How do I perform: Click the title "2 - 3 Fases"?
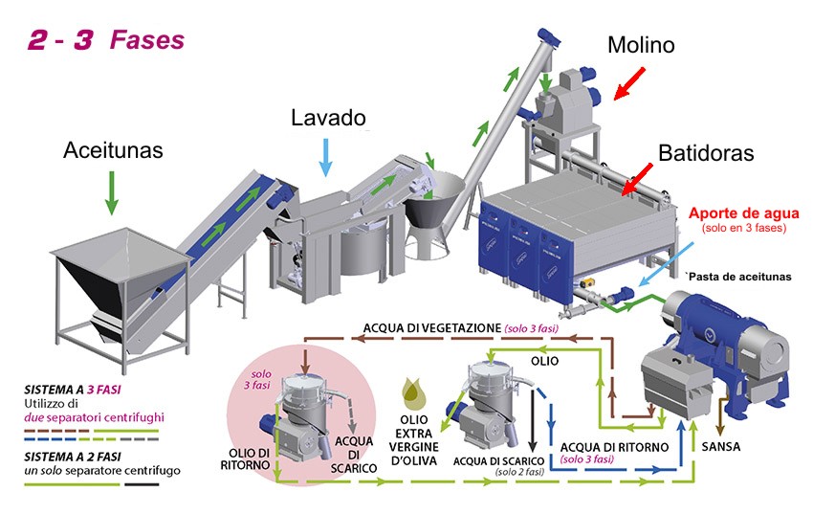pyautogui.click(x=106, y=40)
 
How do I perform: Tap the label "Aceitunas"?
pyautogui.click(x=113, y=150)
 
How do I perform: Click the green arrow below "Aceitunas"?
pyautogui.click(x=112, y=193)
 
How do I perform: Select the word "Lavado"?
pyautogui.click(x=328, y=118)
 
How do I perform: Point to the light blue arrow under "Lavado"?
pyautogui.click(x=325, y=158)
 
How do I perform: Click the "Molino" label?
pyautogui.click(x=641, y=45)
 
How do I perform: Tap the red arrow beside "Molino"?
pyautogui.click(x=629, y=83)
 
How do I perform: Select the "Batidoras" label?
pyautogui.click(x=706, y=153)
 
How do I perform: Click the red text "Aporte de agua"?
pyautogui.click(x=743, y=213)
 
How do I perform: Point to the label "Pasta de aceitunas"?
pyautogui.click(x=740, y=277)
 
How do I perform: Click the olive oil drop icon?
pyautogui.click(x=414, y=393)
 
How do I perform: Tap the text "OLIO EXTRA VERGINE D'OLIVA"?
pyautogui.click(x=414, y=440)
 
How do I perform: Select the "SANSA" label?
pyautogui.click(x=721, y=447)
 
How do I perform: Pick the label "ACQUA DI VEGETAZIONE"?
pyautogui.click(x=432, y=328)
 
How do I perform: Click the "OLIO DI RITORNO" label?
pyautogui.click(x=245, y=459)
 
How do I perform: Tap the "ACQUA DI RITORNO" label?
pyautogui.click(x=614, y=447)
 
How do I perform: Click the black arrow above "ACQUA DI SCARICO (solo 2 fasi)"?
pyautogui.click(x=532, y=421)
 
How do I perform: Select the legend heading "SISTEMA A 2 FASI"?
pyautogui.click(x=72, y=457)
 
